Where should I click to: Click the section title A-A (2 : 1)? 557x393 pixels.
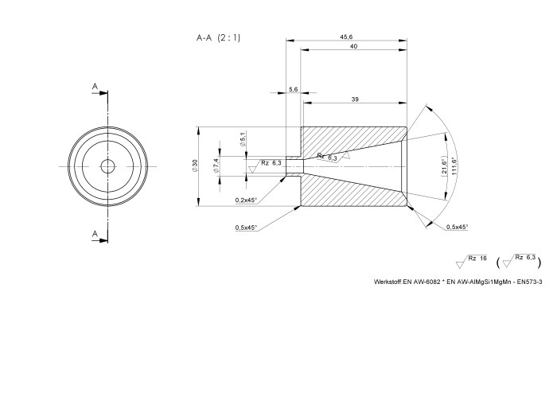pyautogui.click(x=219, y=37)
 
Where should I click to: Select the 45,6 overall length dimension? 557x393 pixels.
pyautogui.click(x=347, y=37)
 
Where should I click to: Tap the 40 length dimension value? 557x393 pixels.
pyautogui.click(x=353, y=47)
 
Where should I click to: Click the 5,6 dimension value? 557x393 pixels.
pyautogui.click(x=294, y=90)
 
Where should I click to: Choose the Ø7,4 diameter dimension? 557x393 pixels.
pyautogui.click(x=216, y=166)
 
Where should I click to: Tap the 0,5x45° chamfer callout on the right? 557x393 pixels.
pyautogui.click(x=457, y=228)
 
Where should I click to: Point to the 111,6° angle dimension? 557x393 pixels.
pyautogui.click(x=454, y=166)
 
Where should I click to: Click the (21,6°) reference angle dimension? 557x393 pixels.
pyautogui.click(x=443, y=168)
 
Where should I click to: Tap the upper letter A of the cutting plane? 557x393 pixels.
pyautogui.click(x=95, y=85)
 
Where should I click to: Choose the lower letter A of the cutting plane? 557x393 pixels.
pyautogui.click(x=95, y=233)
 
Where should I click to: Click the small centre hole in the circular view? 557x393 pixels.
pyautogui.click(x=107, y=166)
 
